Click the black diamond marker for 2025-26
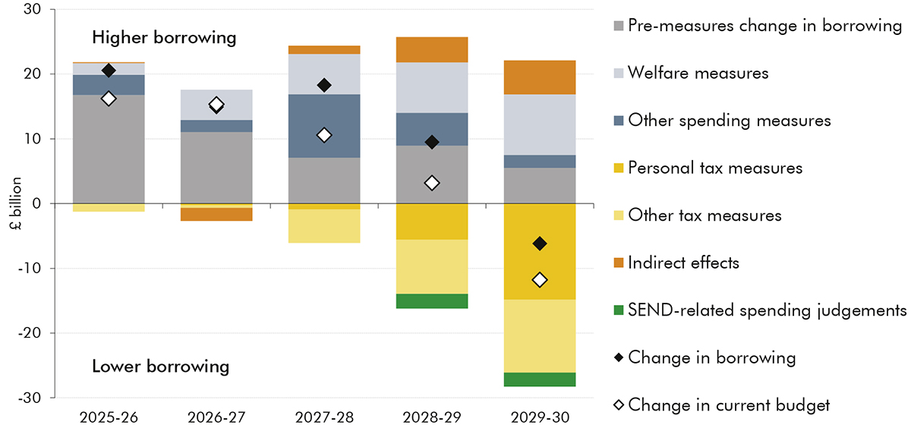coord(109,71)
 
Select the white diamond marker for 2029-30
coord(540,280)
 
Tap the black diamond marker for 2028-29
coord(432,142)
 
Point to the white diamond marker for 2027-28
coord(324,135)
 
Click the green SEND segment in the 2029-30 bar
coord(540,379)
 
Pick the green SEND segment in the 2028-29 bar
coord(432,301)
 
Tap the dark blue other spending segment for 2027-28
coord(324,126)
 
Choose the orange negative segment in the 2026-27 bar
coord(216,215)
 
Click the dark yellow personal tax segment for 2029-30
coord(540,251)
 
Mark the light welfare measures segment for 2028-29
coord(432,87)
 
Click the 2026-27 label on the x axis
coord(216,417)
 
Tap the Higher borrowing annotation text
coord(164,37)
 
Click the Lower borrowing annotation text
coord(160,367)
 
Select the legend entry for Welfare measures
coord(698,74)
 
